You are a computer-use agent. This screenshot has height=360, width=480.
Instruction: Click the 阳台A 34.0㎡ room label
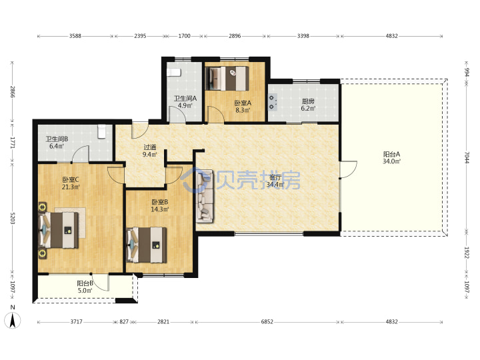(x=391, y=157)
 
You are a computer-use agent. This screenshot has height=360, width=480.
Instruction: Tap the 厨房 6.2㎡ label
(x=308, y=105)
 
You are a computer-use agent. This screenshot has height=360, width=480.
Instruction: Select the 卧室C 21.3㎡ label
(x=71, y=183)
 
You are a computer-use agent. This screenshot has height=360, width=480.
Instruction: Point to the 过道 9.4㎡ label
(x=150, y=151)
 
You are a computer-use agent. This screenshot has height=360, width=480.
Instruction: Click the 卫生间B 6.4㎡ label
(x=57, y=143)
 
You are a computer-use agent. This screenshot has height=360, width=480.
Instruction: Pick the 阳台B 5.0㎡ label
(x=85, y=287)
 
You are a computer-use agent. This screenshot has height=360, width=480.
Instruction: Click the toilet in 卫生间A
(x=174, y=73)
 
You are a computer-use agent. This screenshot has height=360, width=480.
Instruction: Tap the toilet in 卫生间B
(x=101, y=131)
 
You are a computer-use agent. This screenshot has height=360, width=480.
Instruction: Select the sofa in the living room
(x=205, y=195)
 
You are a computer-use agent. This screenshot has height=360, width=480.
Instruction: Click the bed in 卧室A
(x=227, y=79)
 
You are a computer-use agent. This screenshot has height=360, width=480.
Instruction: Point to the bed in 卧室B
(x=147, y=245)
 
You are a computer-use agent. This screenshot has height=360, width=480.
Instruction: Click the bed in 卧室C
(x=59, y=231)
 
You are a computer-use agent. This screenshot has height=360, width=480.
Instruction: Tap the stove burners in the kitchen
(x=273, y=102)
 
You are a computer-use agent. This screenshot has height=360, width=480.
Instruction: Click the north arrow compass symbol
(x=12, y=319)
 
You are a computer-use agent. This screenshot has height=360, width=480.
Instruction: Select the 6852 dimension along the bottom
(x=267, y=322)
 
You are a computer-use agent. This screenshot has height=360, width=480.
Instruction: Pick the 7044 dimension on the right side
(x=467, y=157)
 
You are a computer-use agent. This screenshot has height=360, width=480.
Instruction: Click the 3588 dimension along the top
(x=75, y=36)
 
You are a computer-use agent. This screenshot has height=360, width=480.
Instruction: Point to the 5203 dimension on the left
(x=12, y=217)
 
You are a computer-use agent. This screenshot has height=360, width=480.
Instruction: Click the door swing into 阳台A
(x=349, y=169)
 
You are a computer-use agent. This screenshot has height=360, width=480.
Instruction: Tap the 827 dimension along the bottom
(x=124, y=322)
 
